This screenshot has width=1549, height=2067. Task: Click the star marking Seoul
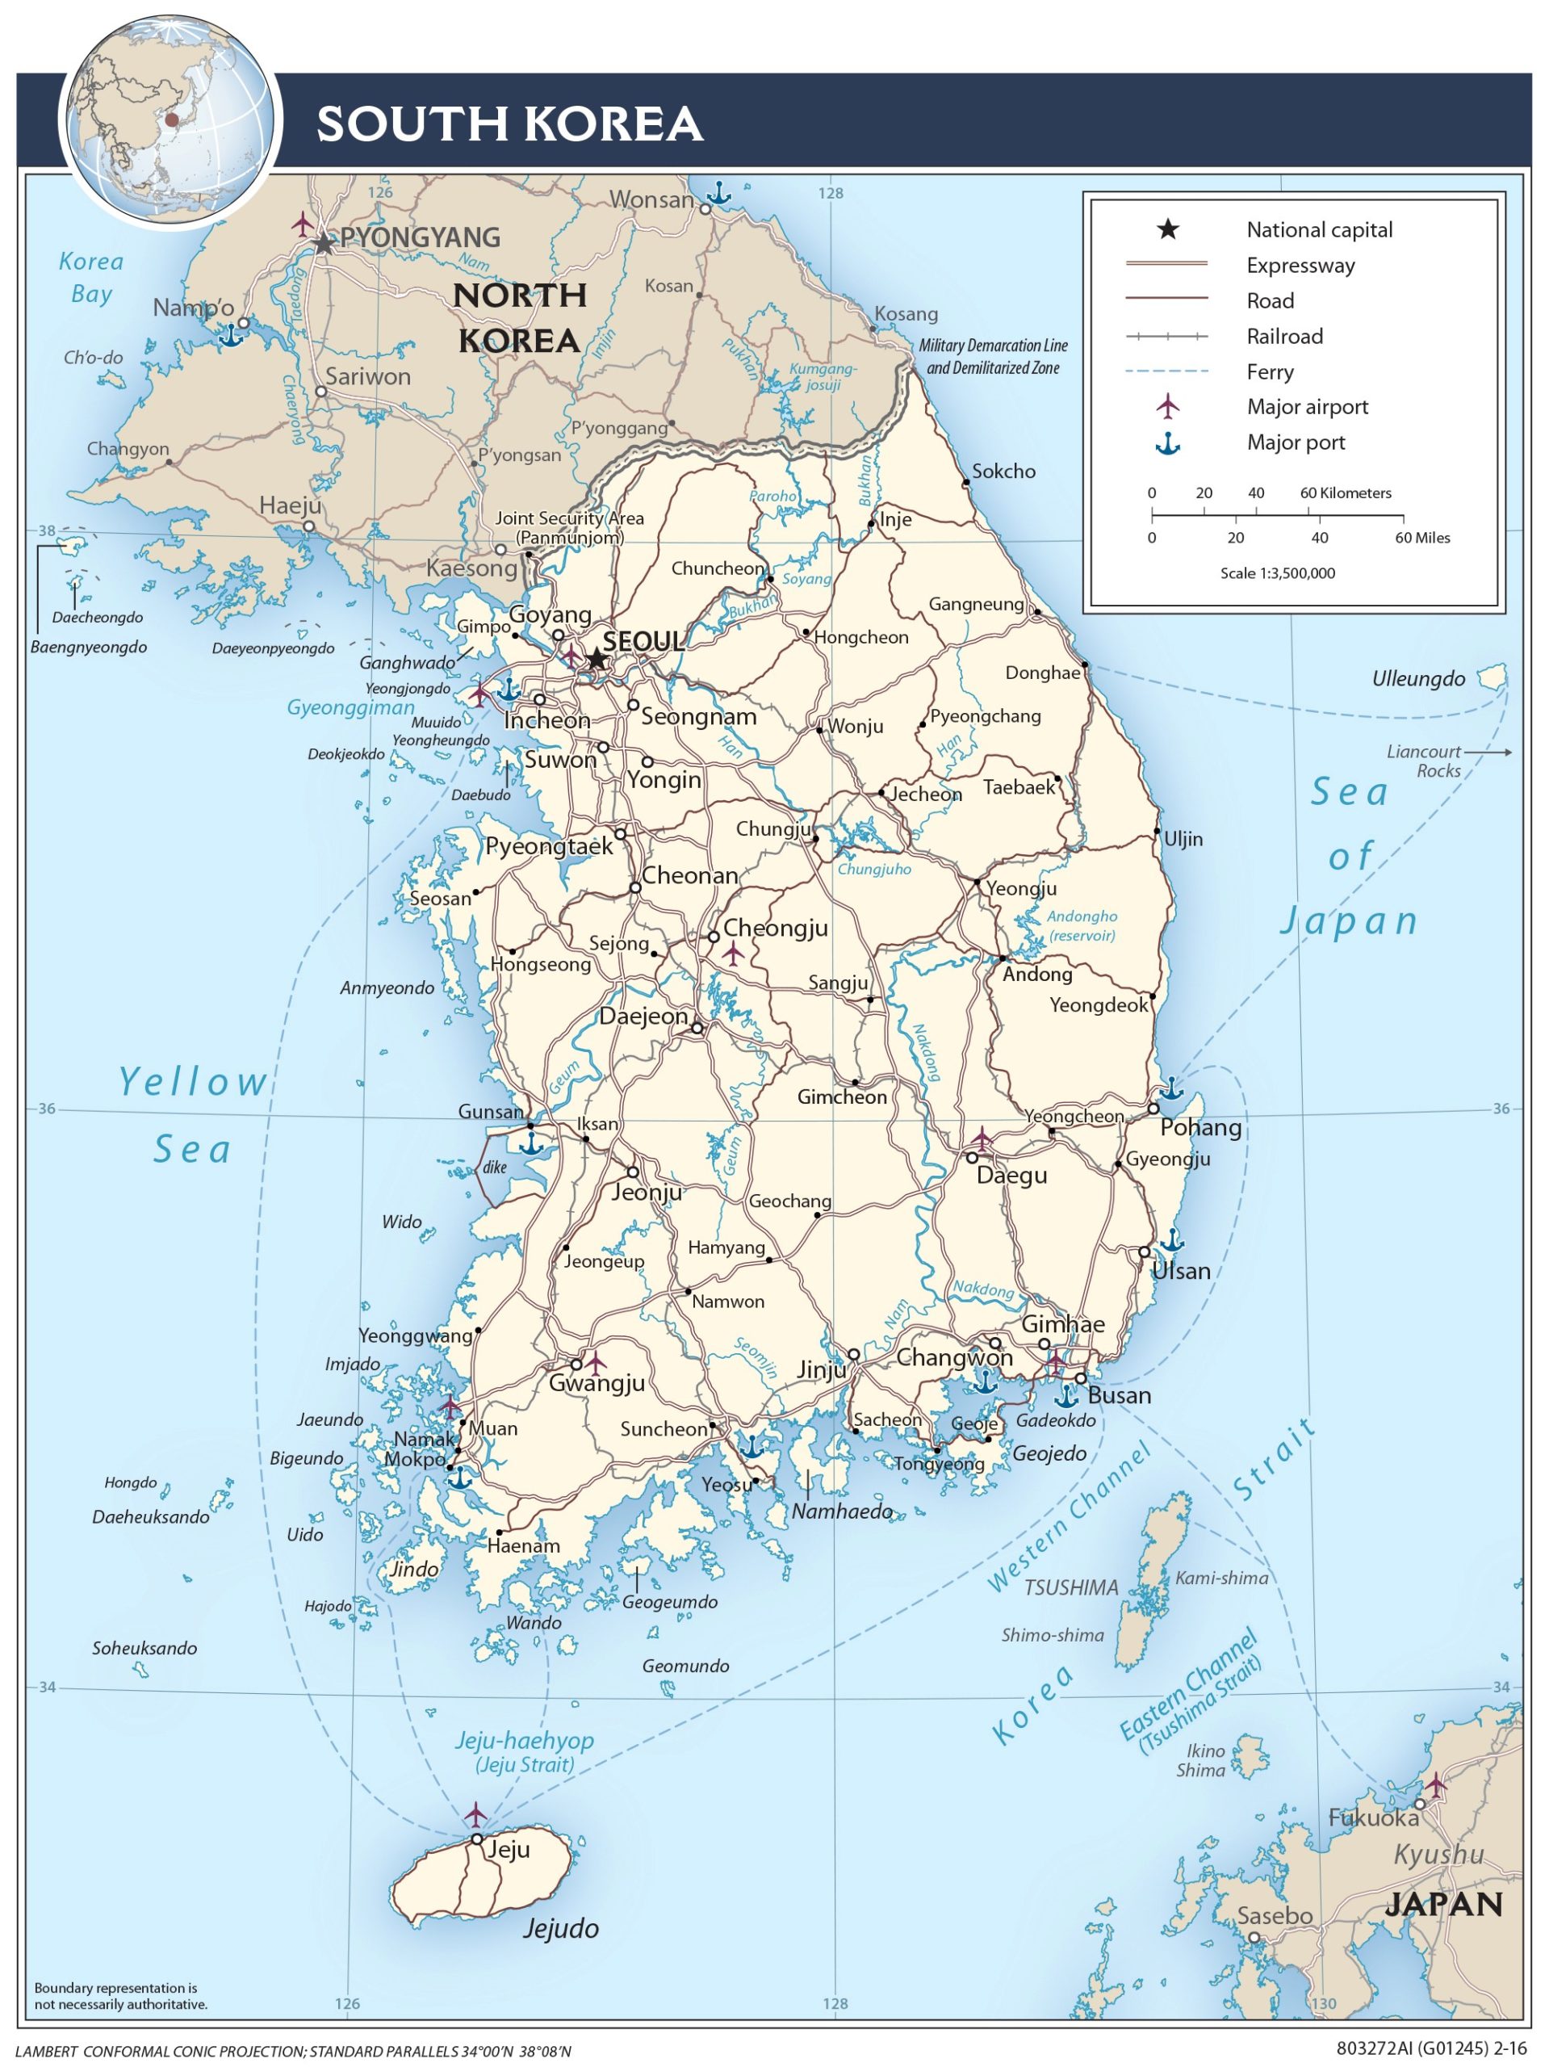596,659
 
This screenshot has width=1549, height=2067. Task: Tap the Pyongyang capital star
323,244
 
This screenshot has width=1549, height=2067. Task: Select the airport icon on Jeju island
475,1813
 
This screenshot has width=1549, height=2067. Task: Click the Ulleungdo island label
1417,679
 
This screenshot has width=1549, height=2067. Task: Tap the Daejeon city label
643,1017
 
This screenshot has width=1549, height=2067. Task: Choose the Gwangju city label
596,1383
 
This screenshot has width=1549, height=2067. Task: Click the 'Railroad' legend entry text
1283,337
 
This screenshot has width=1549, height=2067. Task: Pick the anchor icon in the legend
1167,443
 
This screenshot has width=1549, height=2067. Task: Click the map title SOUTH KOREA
509,124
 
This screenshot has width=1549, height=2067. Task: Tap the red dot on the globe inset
171,119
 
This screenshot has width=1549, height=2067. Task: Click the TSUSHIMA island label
1070,1587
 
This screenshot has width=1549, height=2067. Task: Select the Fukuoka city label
1372,1818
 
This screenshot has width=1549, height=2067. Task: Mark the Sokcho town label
1003,472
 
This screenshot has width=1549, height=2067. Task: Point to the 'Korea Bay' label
90,278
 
